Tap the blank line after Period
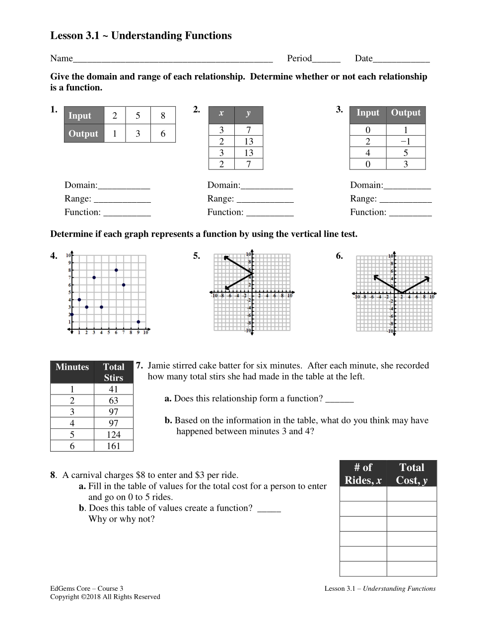pos(326,59)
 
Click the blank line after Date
pos(401,59)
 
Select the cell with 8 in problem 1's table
pos(163,116)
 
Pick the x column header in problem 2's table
pos(221,113)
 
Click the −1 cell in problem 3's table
pos(406,142)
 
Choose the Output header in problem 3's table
pos(406,113)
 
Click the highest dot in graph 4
pos(116,270)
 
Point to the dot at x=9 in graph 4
pos(139,322)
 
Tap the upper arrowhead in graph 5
pos(226,257)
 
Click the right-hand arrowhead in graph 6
pos(427,278)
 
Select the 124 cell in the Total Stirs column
pos(114,435)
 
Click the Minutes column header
pos(72,367)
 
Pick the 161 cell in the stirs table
pos(114,446)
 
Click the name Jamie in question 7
pos(159,366)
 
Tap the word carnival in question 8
pos(87,475)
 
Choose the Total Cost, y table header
pos(412,473)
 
